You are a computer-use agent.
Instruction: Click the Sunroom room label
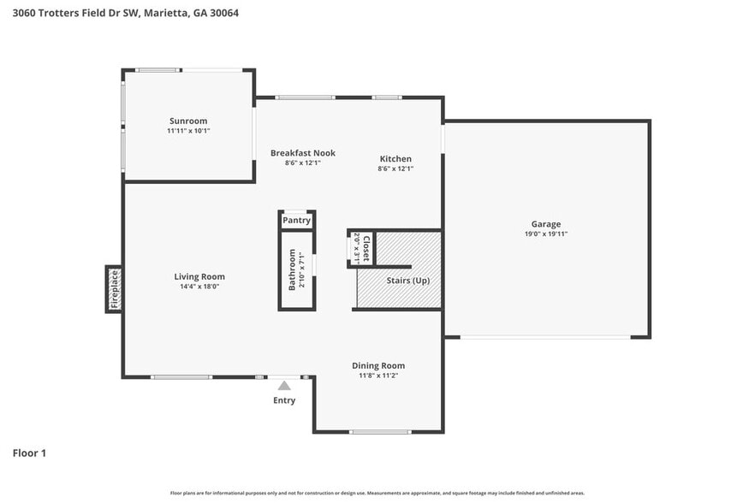pos(188,121)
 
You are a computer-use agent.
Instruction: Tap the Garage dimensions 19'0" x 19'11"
pos(545,234)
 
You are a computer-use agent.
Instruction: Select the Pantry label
pos(296,220)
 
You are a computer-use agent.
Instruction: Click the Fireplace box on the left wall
pos(114,289)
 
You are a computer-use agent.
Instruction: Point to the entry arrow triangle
pos(284,386)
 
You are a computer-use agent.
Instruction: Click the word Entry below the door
pos(284,400)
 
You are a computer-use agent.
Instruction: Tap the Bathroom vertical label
pos(292,269)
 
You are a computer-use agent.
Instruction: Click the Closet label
pos(366,248)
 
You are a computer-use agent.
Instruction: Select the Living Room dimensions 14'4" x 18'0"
pos(199,287)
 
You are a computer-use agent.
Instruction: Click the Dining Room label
pos(378,365)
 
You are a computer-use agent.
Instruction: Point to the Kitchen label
pos(395,158)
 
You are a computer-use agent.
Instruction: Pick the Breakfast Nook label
pos(303,153)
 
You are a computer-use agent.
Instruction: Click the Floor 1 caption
pos(29,453)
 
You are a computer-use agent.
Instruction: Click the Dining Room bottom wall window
pos(380,431)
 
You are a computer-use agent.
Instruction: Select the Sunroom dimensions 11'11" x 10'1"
pos(188,131)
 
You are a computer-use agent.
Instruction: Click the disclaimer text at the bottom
pos(377,493)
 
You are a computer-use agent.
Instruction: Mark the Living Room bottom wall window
pos(181,376)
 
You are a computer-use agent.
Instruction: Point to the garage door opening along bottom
pos(545,337)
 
